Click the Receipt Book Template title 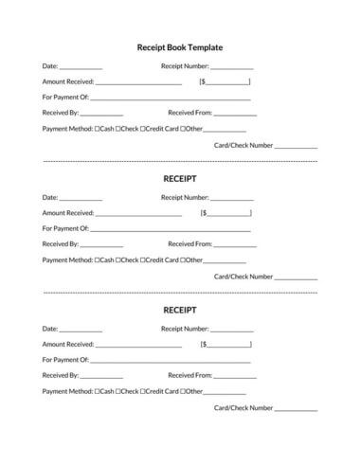pos(179,46)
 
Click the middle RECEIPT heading pos(179,177)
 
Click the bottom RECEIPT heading pos(179,309)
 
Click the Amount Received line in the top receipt pos(138,83)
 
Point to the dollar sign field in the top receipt pos(226,82)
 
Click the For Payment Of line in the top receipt pos(171,98)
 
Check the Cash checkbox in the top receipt pos(98,128)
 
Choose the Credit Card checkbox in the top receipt pos(143,128)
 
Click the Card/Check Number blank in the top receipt pos(296,147)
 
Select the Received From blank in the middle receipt pos(235,244)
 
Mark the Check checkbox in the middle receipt pos(118,259)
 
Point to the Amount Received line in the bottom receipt pos(138,346)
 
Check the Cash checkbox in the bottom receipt pos(98,390)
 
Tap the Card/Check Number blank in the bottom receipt pos(296,409)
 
